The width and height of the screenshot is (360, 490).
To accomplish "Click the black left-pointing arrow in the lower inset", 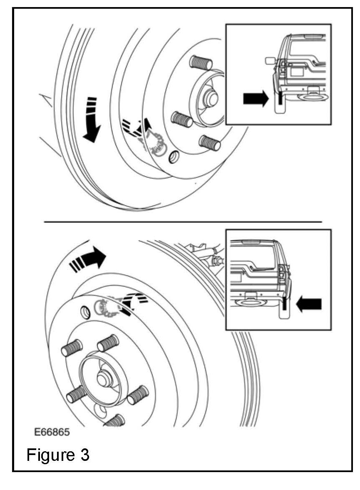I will [x=308, y=304].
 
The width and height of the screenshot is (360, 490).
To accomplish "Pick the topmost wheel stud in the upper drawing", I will [x=201, y=63].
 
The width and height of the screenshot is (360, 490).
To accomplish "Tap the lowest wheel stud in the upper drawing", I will [x=210, y=143].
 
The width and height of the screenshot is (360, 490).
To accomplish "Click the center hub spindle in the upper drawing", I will [x=211, y=98].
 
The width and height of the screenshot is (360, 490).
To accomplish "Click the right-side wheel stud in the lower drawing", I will [x=138, y=395].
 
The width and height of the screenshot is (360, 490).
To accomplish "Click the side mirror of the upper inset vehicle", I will [x=269, y=61].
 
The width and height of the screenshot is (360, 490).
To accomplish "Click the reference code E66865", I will [x=52, y=432].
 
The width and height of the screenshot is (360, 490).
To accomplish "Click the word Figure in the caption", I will [x=50, y=455].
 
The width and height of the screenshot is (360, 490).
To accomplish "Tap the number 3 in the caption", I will [x=84, y=455].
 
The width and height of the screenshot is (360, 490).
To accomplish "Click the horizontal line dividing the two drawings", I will [x=183, y=222].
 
